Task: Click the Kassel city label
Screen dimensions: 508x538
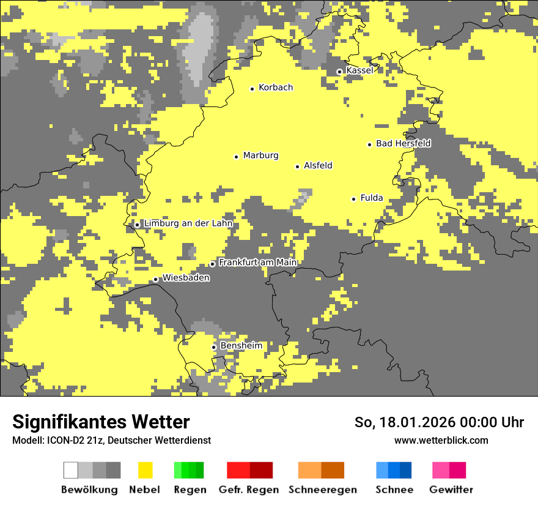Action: coord(359,70)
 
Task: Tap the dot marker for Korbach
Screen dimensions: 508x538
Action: coord(252,89)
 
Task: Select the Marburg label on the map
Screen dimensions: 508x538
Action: coord(260,155)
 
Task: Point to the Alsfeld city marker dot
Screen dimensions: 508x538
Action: coord(298,166)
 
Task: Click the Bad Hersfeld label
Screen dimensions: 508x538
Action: coord(403,144)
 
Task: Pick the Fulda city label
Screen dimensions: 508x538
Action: coord(372,198)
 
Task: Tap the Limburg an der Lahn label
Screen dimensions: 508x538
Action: coord(188,223)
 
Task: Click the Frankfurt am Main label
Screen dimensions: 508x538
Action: coord(257,263)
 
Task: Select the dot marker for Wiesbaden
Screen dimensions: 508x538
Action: coord(156,280)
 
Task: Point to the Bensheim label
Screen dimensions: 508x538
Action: coord(241,346)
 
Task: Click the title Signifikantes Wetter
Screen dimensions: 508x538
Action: coord(101,422)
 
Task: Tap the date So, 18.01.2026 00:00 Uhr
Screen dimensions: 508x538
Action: coord(439,422)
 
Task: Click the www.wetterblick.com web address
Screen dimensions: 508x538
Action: coord(441,440)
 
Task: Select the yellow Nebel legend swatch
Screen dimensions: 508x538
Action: coord(145,470)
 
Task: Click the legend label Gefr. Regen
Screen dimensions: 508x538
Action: coord(248,490)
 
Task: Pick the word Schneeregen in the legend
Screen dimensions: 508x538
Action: coord(323,490)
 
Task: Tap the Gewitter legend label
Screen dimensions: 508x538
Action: coord(451,490)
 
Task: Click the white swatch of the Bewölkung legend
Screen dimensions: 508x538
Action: coord(71,470)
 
